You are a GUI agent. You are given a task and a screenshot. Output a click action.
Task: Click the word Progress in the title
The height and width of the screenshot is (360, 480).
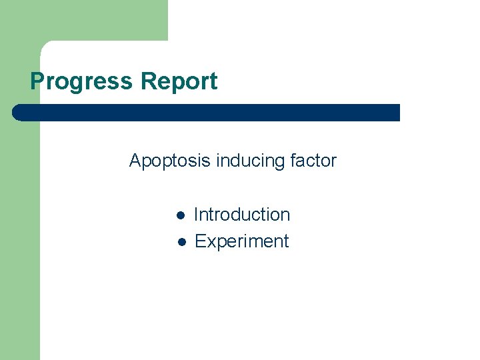pyautogui.click(x=82, y=81)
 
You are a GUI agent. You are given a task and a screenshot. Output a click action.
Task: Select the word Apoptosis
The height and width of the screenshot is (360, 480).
pyautogui.click(x=169, y=161)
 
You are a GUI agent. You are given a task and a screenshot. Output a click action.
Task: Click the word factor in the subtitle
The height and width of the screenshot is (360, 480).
pyautogui.click(x=313, y=161)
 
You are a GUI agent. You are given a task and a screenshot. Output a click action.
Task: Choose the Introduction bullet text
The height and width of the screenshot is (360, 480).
pyautogui.click(x=242, y=215)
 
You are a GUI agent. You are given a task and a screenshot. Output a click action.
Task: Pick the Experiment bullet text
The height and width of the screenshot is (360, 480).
pyautogui.click(x=241, y=241)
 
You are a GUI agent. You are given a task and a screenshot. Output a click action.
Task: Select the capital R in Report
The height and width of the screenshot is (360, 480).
pyautogui.click(x=146, y=81)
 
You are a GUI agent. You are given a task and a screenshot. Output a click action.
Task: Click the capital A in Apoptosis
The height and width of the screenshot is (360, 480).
pyautogui.click(x=135, y=161)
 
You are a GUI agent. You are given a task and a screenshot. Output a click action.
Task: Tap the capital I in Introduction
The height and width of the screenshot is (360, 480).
pyautogui.click(x=196, y=215)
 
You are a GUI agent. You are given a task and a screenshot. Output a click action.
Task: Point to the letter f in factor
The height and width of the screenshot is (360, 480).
pyautogui.click(x=293, y=161)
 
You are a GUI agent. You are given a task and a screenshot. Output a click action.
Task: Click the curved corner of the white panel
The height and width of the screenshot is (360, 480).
pyautogui.click(x=45, y=46)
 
